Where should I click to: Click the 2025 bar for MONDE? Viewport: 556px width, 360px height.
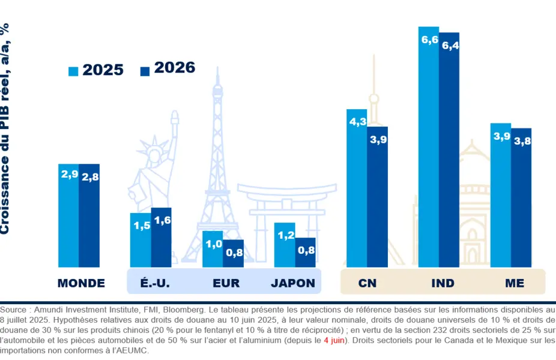tap(68, 216)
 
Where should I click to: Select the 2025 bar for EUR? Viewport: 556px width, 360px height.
tap(213, 250)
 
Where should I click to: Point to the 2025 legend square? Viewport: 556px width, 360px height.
tap(74, 71)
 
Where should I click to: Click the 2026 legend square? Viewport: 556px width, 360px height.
tap(145, 71)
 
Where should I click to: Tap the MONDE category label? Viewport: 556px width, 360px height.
tap(81, 283)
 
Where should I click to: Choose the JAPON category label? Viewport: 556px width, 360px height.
tap(293, 283)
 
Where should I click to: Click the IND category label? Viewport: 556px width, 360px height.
tap(443, 283)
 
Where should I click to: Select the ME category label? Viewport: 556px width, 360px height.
tap(515, 283)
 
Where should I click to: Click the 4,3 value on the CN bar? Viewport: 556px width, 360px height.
tap(357, 122)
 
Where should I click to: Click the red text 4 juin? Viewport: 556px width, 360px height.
tap(334, 340)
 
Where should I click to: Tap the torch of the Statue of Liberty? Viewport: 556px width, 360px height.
tap(175, 118)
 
